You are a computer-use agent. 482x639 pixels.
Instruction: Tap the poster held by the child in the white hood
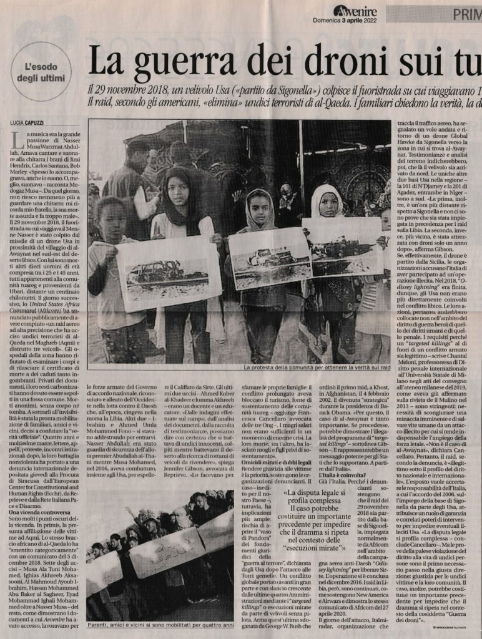tap(342, 246)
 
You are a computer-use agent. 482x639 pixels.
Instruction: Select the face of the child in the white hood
tap(328, 204)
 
